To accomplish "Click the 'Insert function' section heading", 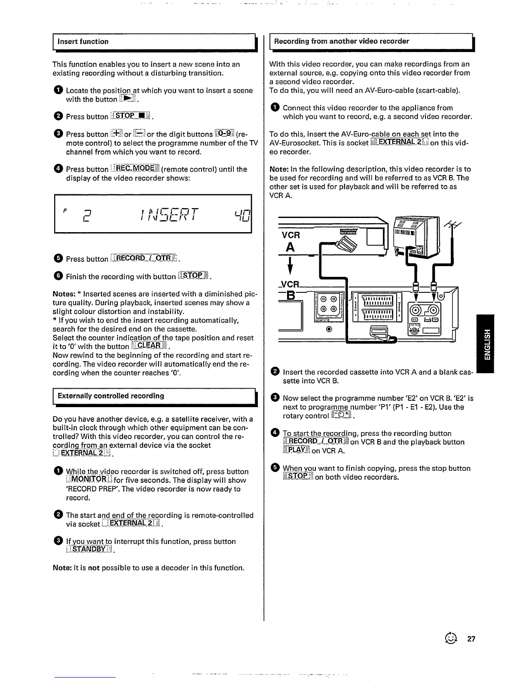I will [83, 42].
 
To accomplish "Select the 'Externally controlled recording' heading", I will [110, 396].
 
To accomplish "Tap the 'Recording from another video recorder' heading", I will [341, 41].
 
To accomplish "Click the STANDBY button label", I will [89, 550].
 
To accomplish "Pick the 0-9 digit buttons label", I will [225, 134].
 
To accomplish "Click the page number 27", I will [471, 639].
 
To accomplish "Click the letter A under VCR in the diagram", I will [291, 247].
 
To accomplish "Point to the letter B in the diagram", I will [291, 295].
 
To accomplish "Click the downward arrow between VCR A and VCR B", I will [290, 267].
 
